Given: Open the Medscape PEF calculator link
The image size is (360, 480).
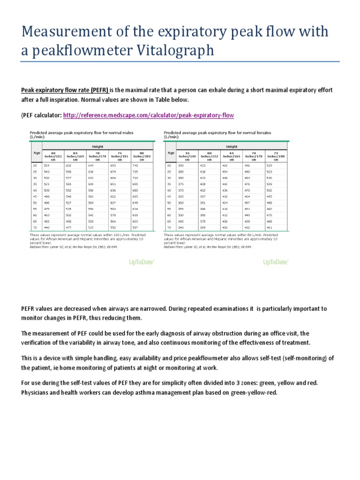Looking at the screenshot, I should click(x=148, y=115).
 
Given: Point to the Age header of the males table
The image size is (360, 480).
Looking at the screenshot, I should click(x=36, y=152).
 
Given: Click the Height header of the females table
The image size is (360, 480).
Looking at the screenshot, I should click(x=232, y=146).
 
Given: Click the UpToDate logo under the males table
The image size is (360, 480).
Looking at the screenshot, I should click(x=142, y=262).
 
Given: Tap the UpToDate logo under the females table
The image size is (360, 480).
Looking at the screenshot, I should click(x=276, y=262).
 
